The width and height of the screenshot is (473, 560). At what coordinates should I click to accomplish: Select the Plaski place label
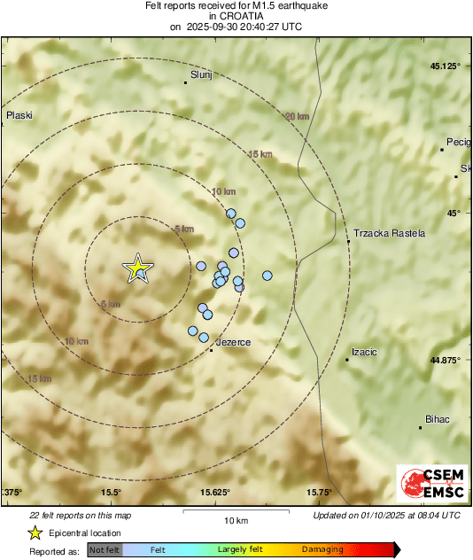pyautogui.click(x=19, y=115)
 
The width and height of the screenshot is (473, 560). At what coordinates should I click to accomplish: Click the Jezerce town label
pyautogui.click(x=234, y=342)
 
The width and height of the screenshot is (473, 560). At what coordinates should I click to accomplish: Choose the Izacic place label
pyautogui.click(x=365, y=352)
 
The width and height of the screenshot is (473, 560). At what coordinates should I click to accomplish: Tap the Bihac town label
pyautogui.click(x=439, y=418)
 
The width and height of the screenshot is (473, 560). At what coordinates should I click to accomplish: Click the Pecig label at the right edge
pyautogui.click(x=459, y=142)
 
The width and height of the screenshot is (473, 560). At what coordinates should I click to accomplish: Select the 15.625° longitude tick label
pyautogui.click(x=213, y=493)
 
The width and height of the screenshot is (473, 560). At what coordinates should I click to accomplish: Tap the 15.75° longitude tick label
pyautogui.click(x=319, y=493)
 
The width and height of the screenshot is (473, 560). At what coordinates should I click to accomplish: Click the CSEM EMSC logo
pyautogui.click(x=428, y=486)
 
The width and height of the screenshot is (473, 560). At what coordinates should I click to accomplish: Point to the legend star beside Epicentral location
pyautogui.click(x=35, y=533)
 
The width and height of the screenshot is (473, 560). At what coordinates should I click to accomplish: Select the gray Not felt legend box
pyautogui.click(x=105, y=550)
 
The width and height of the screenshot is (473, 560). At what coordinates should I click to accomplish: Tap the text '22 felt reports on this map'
pyautogui.click(x=80, y=515)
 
